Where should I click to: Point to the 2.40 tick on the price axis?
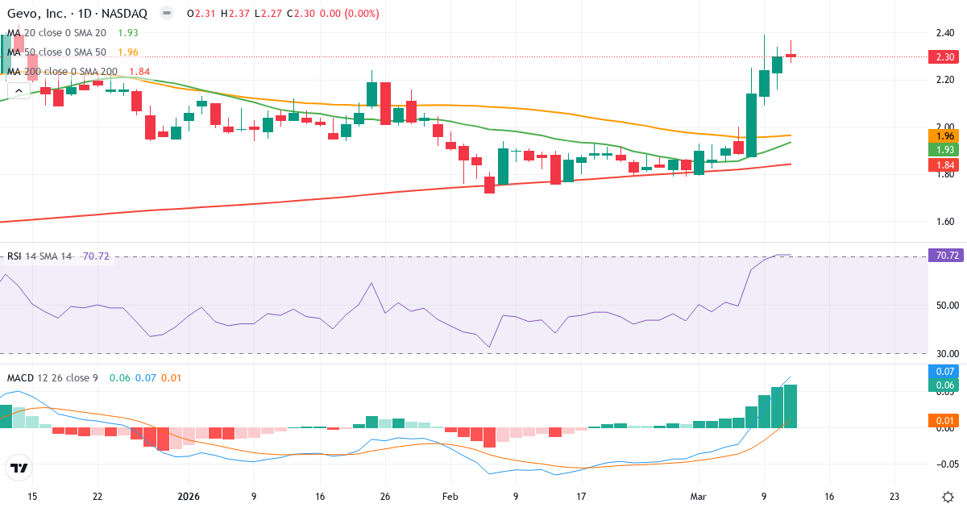[944, 33]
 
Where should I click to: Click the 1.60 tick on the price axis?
[944, 222]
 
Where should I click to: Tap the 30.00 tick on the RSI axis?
[944, 353]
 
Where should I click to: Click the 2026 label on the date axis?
[188, 497]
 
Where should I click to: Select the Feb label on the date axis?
[449, 497]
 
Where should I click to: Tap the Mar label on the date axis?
[698, 497]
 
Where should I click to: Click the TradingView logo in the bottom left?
[19, 468]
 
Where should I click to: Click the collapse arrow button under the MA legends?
[16, 91]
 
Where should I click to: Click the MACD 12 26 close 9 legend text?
[52, 377]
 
